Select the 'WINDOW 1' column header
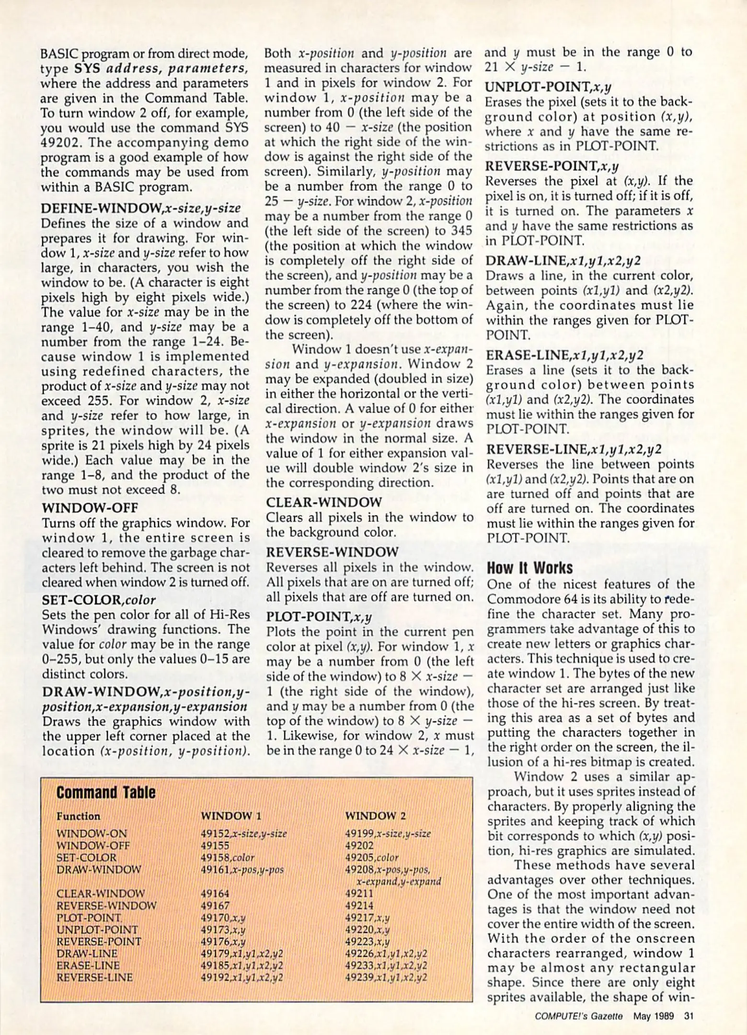tap(231, 816)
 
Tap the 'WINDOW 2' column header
tap(375, 816)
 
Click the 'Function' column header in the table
tap(78, 816)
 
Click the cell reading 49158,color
tap(227, 858)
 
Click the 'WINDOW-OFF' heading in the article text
tap(90, 507)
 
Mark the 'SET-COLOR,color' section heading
tap(99, 600)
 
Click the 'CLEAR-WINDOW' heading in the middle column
tap(324, 502)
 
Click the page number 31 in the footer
tap(689, 1015)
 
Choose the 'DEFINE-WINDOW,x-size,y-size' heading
tap(141, 208)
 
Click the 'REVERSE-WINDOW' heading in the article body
tap(332, 552)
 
